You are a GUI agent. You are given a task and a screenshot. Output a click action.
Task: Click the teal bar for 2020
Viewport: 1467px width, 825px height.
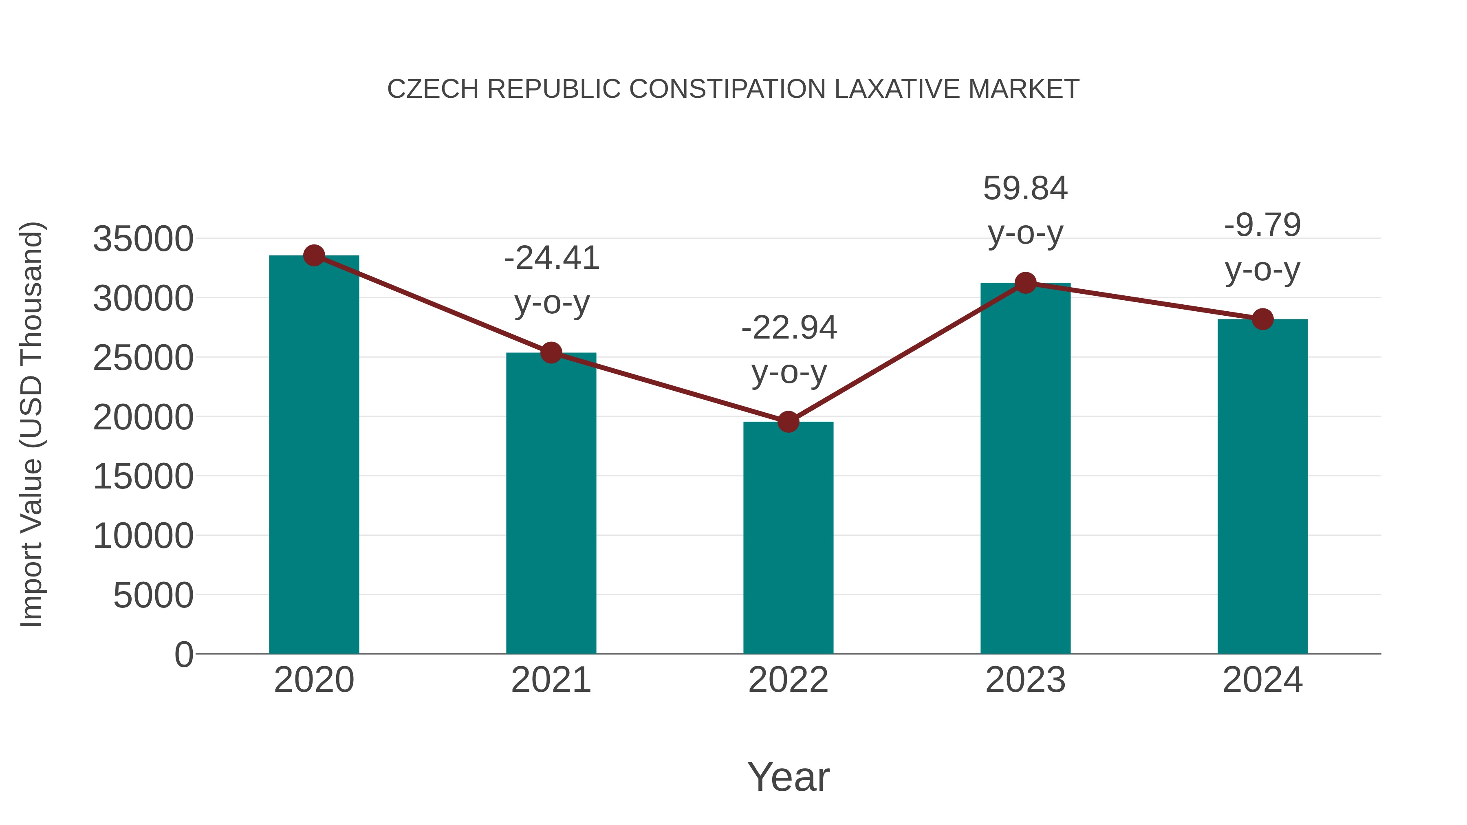(x=314, y=455)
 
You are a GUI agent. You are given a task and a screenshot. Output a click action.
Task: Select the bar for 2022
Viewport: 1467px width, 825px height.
(x=788, y=538)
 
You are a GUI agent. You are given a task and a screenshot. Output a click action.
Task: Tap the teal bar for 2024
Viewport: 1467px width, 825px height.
(x=1262, y=487)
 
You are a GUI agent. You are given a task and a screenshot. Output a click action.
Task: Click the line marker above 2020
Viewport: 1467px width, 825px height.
(x=314, y=255)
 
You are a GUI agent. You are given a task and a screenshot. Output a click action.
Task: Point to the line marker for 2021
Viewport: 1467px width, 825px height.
(x=551, y=353)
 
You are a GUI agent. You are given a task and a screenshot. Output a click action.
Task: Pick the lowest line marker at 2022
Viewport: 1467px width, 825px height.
(x=788, y=422)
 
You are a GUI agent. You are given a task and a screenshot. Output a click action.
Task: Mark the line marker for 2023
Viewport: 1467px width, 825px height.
(x=1026, y=283)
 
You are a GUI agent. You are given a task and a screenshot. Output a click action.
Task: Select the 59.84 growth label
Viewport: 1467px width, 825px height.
(x=1025, y=189)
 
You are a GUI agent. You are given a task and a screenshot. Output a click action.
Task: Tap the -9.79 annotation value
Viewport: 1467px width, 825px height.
(x=1262, y=225)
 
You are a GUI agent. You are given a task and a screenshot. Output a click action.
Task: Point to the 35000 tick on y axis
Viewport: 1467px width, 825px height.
(x=143, y=239)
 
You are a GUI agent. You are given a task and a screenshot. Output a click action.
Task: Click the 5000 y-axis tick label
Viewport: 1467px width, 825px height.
(x=153, y=596)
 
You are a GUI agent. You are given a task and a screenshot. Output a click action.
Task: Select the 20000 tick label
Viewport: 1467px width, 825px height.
(x=143, y=417)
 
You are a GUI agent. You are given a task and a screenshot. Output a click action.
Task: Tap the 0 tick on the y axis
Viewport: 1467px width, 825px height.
(x=183, y=655)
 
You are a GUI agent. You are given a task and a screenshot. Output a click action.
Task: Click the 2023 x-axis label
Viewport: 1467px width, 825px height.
(x=1025, y=680)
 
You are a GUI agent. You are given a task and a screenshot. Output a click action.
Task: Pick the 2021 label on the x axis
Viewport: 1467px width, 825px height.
(x=551, y=680)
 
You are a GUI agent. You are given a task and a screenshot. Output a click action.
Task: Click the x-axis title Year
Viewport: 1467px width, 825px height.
(x=788, y=777)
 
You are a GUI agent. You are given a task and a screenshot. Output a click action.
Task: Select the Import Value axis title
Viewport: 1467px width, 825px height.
(x=31, y=424)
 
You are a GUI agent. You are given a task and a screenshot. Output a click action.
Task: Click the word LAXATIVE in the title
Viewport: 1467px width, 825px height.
(x=897, y=89)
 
